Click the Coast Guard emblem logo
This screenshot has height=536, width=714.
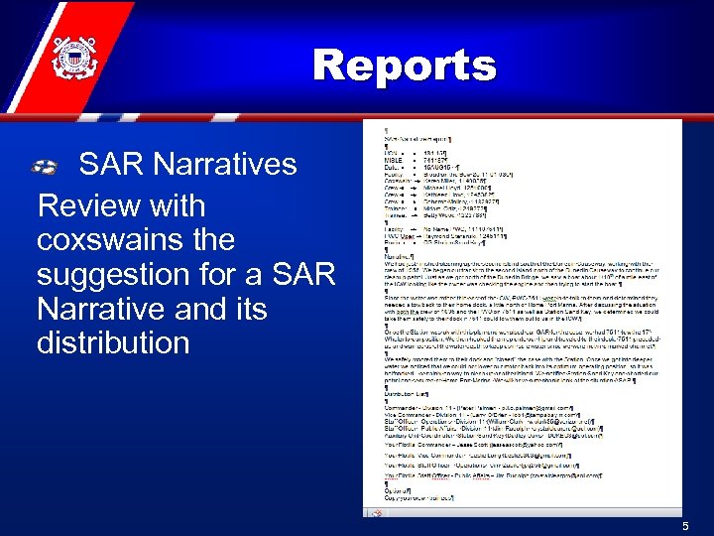pos(72,53)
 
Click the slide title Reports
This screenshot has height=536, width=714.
pos(404,67)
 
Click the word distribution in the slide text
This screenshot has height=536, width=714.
pos(113,342)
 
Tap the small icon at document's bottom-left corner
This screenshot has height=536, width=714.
pos(369,512)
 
